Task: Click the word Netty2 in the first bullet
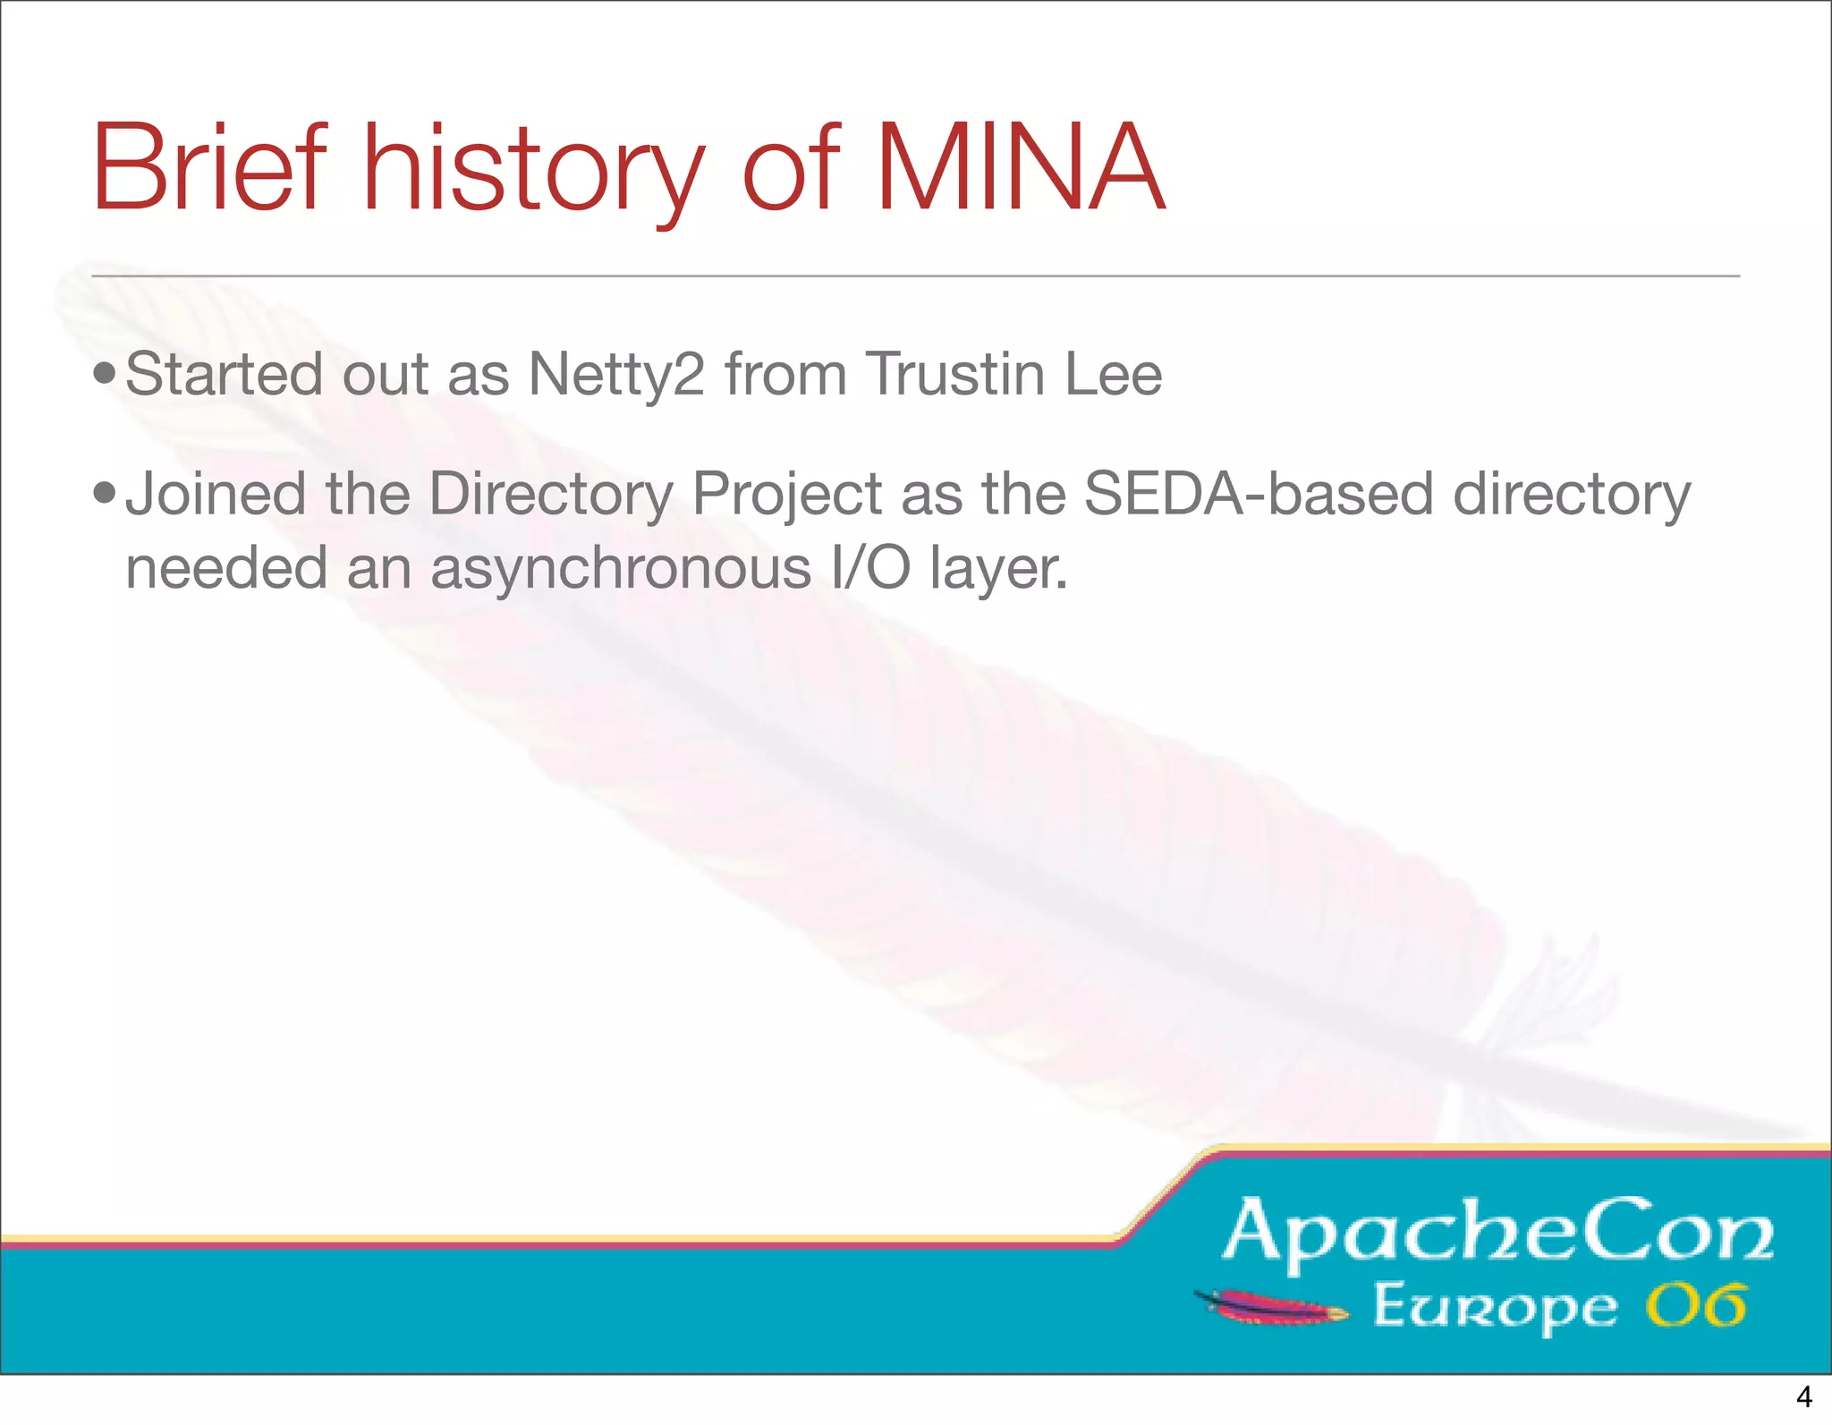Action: click(x=616, y=374)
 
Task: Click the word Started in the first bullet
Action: click(x=224, y=374)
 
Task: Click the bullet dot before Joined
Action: click(x=105, y=493)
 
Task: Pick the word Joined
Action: click(x=216, y=495)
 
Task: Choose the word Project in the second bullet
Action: click(x=787, y=495)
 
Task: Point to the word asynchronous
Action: click(x=620, y=570)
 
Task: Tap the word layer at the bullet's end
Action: click(x=997, y=570)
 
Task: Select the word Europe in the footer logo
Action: click(x=1495, y=1308)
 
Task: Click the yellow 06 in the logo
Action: click(x=1696, y=1305)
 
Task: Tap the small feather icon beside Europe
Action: click(x=1271, y=1307)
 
